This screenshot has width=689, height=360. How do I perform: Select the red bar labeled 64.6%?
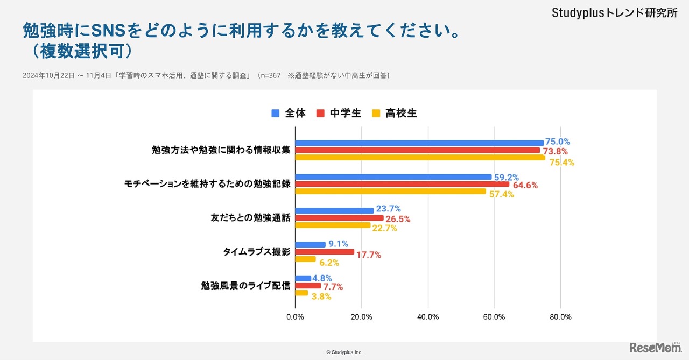pos(402,184)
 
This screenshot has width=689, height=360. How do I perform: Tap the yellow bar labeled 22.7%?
pos(333,225)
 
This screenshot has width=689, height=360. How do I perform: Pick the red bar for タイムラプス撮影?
pos(325,252)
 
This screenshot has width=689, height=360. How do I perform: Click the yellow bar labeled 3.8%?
pos(301,293)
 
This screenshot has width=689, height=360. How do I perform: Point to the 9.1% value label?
pos(338,243)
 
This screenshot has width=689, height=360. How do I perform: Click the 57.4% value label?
pos(501,194)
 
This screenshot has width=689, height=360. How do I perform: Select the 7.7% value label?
pos(333,287)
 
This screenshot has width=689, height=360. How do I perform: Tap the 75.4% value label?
pos(561,162)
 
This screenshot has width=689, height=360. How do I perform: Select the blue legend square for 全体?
pos(276,113)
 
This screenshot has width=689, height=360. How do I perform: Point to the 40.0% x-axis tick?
pos(428,317)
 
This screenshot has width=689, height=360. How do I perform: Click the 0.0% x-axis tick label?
pos(296,317)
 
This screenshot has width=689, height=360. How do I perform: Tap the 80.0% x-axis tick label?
pos(560,317)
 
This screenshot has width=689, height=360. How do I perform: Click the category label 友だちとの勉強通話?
pos(250,218)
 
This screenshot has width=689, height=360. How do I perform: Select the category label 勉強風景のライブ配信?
pos(245,286)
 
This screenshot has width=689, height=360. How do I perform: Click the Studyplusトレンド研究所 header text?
pos(614,13)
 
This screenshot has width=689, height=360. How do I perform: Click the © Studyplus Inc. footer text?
pos(344,352)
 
